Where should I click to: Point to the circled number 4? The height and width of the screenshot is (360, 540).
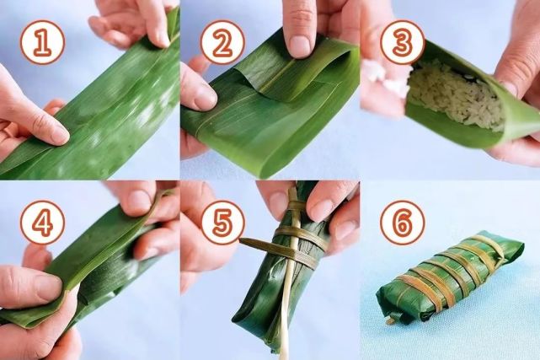[41, 223]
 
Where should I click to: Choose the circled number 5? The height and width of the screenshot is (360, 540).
[222, 223]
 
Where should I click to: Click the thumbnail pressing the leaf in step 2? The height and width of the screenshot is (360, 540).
[298, 42]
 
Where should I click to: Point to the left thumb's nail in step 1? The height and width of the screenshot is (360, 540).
[54, 132]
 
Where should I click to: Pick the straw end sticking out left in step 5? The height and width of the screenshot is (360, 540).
[249, 244]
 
